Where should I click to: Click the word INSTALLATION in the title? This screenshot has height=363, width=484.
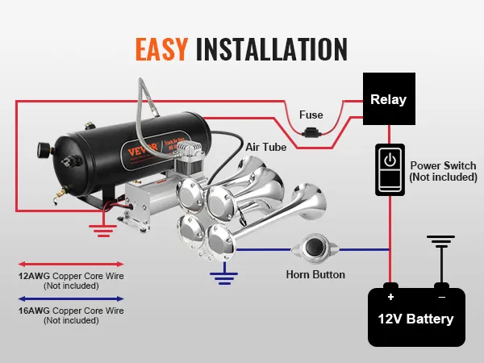[x=272, y=48]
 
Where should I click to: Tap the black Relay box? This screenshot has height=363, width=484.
[x=388, y=100]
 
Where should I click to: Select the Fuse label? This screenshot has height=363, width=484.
[x=311, y=115]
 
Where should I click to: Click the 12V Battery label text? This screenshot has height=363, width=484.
[x=416, y=318]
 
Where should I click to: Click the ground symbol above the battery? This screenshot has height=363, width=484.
[x=441, y=240]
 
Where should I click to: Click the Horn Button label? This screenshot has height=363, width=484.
[x=315, y=275]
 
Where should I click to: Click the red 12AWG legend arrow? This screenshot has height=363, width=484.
[x=71, y=264]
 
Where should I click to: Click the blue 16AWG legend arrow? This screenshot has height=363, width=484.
[x=71, y=298]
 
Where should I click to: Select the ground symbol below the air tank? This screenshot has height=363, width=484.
[x=102, y=231]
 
